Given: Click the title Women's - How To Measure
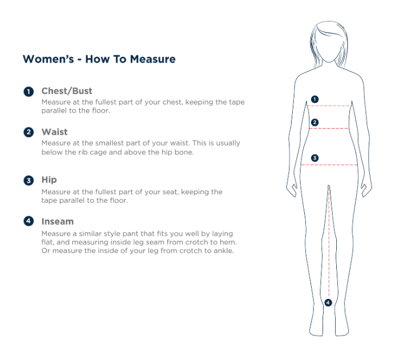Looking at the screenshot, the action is point(99,59).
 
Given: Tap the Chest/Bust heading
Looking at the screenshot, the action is point(67,91).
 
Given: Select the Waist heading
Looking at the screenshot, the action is point(54,132).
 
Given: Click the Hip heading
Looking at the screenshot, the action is point(49,180).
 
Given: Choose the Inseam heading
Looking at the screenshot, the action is point(58,221).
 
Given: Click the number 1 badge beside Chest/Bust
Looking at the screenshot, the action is point(29,91).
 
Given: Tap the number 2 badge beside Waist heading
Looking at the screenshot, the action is point(29,132).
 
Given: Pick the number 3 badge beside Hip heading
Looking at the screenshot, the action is point(29,181).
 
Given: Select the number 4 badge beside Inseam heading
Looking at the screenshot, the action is point(29,221).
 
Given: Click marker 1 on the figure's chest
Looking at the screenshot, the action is point(315,99).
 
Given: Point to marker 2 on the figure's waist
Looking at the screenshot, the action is point(315,122).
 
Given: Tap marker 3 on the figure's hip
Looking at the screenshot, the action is point(315,158).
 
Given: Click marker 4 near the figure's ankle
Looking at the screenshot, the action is point(328,302).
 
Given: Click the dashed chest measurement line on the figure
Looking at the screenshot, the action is point(329,106).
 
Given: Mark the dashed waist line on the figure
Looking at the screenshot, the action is point(329,129).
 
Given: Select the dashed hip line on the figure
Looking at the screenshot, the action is point(329,165).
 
